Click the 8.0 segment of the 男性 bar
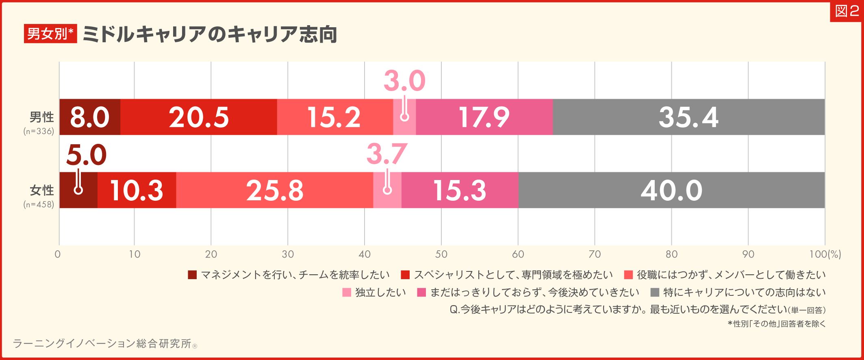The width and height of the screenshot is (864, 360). [x=90, y=117]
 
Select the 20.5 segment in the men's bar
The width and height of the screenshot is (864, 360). [x=199, y=117]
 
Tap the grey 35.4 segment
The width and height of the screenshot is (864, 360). [x=688, y=117]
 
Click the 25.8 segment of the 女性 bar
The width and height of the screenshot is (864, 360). [x=275, y=190]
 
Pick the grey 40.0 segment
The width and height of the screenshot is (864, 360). [x=671, y=190]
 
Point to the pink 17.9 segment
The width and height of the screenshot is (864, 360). [x=484, y=117]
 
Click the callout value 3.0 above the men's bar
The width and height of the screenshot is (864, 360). [x=404, y=81]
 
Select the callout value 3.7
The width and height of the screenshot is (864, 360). [x=386, y=154]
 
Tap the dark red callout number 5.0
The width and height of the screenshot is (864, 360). [x=86, y=155]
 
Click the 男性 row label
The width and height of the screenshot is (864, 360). [x=41, y=117]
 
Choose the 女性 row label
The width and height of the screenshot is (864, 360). [x=41, y=190]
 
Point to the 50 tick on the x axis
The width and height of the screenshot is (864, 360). [x=441, y=254]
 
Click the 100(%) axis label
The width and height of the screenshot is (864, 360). [x=825, y=254]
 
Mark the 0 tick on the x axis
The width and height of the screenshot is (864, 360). [x=58, y=254]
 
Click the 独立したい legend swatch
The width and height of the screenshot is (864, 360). [x=347, y=293]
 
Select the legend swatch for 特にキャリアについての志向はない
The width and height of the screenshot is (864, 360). [x=655, y=293]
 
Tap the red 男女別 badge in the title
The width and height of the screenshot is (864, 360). [x=50, y=34]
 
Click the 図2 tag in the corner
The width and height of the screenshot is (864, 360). [x=847, y=11]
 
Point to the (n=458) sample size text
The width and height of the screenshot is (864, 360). [x=39, y=204]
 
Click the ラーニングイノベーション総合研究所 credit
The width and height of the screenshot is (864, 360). [x=102, y=344]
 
